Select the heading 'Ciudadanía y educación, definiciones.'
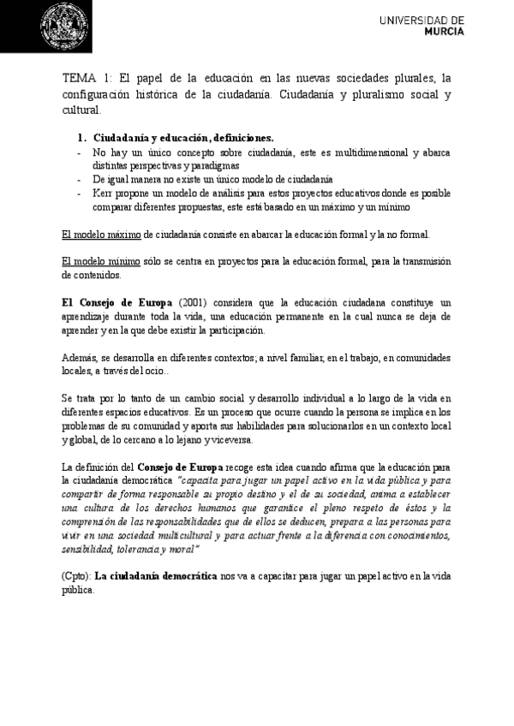[x=183, y=137]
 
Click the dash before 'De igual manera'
[x=79, y=180]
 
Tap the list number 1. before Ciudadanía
[x=82, y=137]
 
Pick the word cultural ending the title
[x=82, y=110]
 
